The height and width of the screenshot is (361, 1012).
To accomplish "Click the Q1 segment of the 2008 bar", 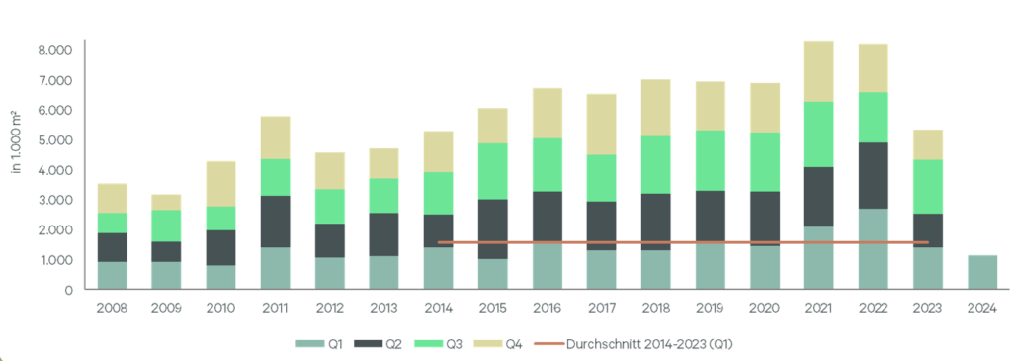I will [112, 275].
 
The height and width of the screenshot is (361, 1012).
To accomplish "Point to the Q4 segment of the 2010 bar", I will [222, 184].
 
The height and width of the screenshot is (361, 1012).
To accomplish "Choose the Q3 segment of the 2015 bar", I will [492, 171].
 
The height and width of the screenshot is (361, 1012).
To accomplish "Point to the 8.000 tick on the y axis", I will [55, 50].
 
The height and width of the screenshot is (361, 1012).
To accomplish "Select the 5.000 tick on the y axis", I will [55, 140].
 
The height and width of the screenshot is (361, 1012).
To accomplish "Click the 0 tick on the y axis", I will [68, 290].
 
